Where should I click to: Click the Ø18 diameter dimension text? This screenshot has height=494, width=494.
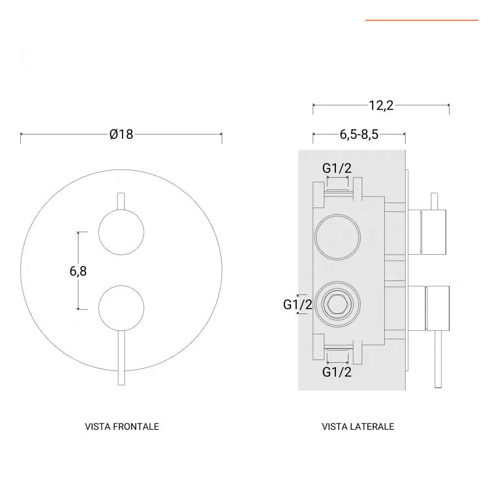121,134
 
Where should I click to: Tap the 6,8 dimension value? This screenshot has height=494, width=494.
78,271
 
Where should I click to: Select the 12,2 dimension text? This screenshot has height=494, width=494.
381,105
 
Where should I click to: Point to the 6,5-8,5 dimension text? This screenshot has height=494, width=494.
359,134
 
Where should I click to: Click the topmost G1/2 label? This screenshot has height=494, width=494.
336,168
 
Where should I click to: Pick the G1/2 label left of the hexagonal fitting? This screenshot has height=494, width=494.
297,304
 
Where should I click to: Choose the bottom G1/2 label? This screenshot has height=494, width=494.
336,372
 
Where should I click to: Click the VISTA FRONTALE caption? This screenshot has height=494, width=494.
122,426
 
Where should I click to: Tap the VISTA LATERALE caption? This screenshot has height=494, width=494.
358,426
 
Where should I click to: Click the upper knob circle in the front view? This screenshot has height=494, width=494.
121,232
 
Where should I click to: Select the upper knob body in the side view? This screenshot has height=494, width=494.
434,232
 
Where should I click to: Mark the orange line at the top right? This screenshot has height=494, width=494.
422,20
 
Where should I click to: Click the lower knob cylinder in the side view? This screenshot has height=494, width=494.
437,308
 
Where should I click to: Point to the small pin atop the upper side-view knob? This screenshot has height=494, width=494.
434,201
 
